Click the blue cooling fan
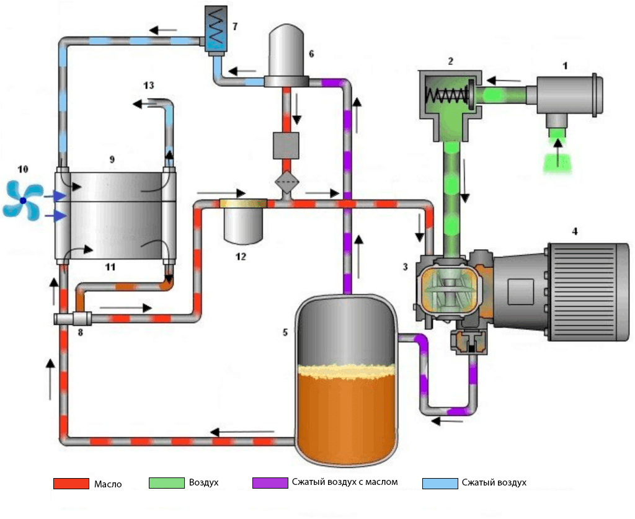point(22,200)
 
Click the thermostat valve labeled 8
point(73,319)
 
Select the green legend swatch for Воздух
point(167,483)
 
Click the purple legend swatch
point(270,483)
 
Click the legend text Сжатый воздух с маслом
point(344,482)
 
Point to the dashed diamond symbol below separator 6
point(286,183)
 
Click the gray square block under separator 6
point(286,145)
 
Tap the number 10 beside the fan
point(23,169)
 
